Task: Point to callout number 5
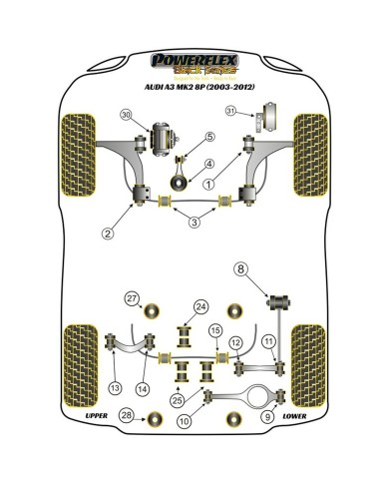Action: coord(209,137)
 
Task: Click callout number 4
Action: coord(208,164)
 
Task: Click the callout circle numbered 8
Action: coord(240,267)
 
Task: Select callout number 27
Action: coord(131,299)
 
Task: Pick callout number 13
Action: coord(116,387)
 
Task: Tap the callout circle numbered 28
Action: coord(127,415)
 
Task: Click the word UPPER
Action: coord(97,415)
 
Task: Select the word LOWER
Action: coord(294,415)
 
